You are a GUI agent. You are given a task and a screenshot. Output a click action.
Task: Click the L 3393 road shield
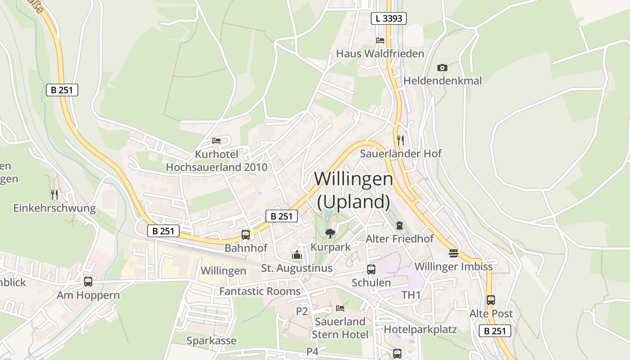389,18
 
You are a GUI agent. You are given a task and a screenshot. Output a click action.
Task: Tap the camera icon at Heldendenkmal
442,67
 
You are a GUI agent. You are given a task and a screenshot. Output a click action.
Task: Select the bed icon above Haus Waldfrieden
380,40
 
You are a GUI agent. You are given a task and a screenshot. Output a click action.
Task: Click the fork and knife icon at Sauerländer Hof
400,140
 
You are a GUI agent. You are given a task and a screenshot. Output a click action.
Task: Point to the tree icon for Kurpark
330,233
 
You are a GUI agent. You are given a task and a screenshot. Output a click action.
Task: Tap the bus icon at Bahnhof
246,234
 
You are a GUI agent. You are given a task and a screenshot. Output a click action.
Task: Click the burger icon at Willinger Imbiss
453,253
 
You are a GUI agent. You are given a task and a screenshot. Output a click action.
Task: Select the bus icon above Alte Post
491,300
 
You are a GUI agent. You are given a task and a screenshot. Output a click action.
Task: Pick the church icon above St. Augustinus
297,255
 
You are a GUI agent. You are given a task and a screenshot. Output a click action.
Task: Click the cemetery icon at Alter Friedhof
400,225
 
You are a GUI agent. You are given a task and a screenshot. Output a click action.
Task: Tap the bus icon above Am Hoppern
88,282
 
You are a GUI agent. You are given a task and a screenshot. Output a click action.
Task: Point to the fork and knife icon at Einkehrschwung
54,194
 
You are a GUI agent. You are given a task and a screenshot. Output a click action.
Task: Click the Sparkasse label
211,341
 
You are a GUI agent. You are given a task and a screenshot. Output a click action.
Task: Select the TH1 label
411,295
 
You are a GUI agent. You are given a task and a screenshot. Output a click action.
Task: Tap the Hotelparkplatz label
420,329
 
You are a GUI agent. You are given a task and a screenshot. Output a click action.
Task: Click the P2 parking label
302,311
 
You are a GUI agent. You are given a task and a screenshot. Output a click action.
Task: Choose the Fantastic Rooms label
260,291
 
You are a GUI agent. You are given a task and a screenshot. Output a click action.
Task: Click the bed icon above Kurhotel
216,140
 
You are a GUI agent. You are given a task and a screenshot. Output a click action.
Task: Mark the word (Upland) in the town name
354,202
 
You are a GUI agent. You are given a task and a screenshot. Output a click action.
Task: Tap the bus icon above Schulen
371,270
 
